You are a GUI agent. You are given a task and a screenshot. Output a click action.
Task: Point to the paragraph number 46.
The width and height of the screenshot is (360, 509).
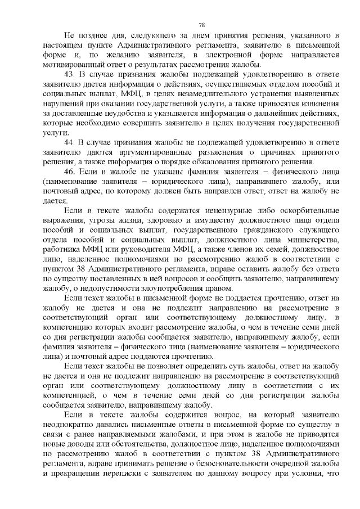(x=69, y=170)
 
